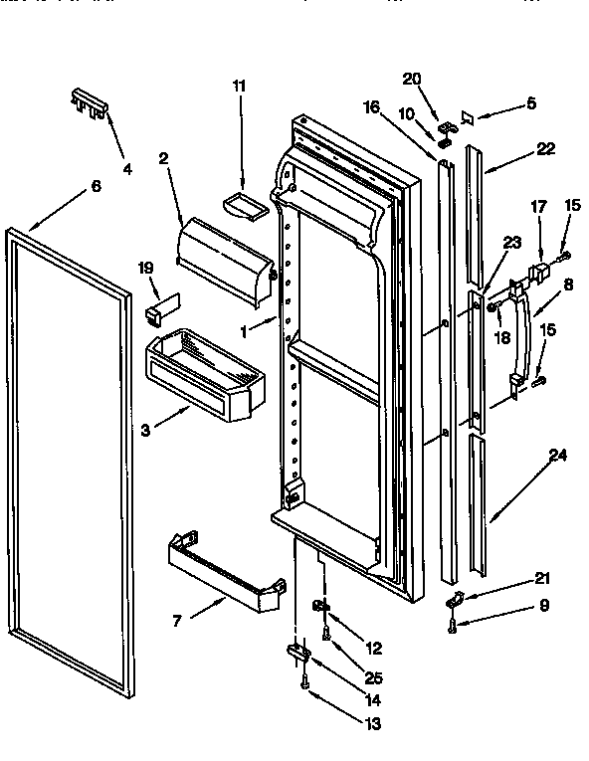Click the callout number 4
point(127,169)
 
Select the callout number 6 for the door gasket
point(96,186)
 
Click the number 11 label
point(239,87)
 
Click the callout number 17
point(538,207)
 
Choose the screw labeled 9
point(452,625)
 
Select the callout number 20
point(412,79)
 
